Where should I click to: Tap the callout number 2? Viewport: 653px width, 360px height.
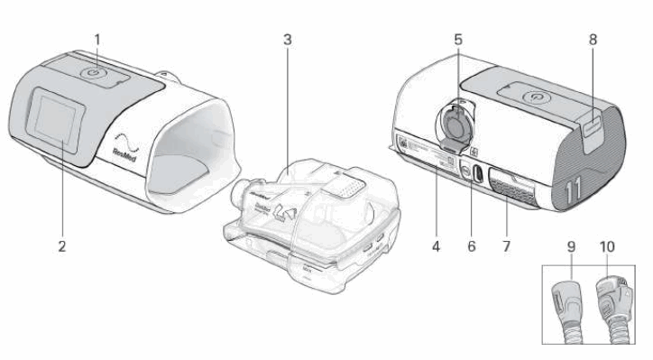click(61, 244)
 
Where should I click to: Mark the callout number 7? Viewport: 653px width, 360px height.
click(505, 244)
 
